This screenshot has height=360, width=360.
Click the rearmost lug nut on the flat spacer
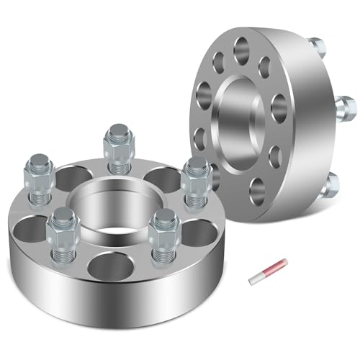(x=115, y=144)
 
